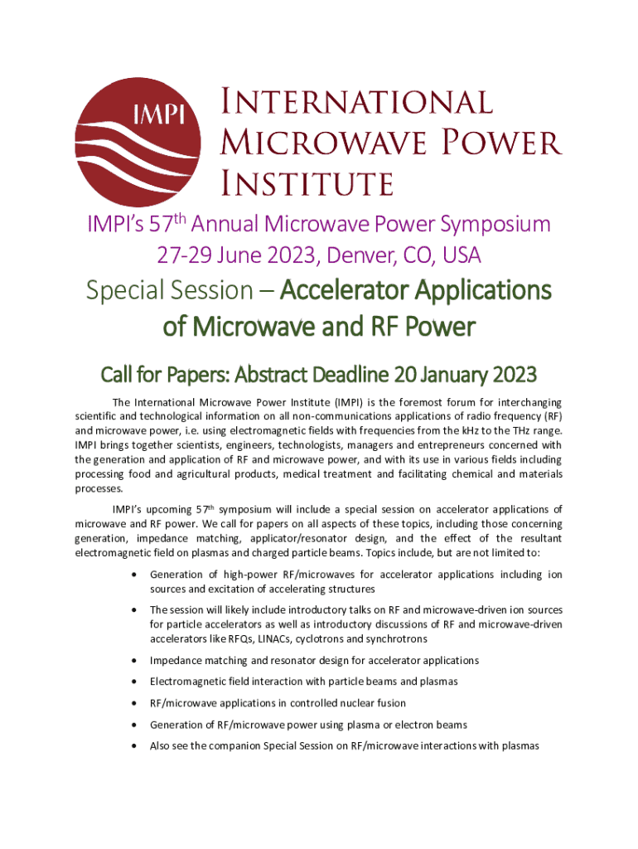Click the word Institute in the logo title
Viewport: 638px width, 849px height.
click(307, 182)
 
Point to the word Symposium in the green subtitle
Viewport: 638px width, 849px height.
click(481, 224)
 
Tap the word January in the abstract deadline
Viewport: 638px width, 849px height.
click(449, 376)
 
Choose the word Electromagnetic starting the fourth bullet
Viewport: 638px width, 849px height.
click(187, 682)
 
